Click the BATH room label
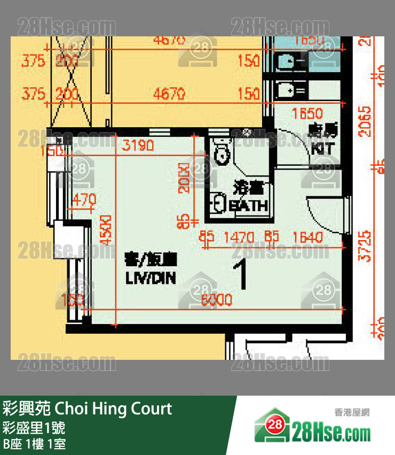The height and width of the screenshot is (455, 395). pyautogui.click(x=249, y=206)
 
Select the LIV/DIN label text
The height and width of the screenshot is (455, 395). pyautogui.click(x=151, y=278)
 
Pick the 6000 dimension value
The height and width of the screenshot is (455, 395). pyautogui.click(x=216, y=300)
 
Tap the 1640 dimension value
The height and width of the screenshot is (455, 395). pyautogui.click(x=307, y=237)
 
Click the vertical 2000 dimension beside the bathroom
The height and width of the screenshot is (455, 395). pyautogui.click(x=184, y=178)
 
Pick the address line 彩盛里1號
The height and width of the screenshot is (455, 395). pyautogui.click(x=34, y=428)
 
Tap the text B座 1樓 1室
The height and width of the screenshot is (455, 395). pyautogui.click(x=34, y=444)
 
